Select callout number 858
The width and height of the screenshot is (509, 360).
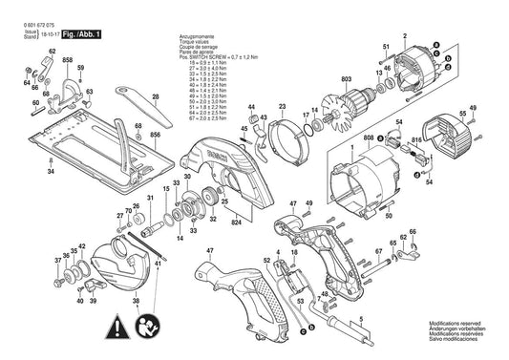(66, 60)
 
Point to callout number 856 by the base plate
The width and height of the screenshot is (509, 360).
(154, 136)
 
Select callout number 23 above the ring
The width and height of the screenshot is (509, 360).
(282, 106)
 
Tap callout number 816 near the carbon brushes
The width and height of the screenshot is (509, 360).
(416, 139)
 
